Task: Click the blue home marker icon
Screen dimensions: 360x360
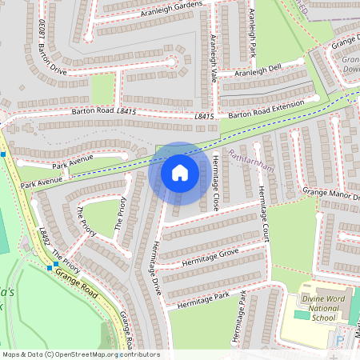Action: [x=180, y=173]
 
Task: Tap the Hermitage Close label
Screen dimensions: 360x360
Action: [x=216, y=182]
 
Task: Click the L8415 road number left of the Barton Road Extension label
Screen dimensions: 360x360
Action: [x=204, y=117]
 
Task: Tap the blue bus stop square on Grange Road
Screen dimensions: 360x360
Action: [x=51, y=267]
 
